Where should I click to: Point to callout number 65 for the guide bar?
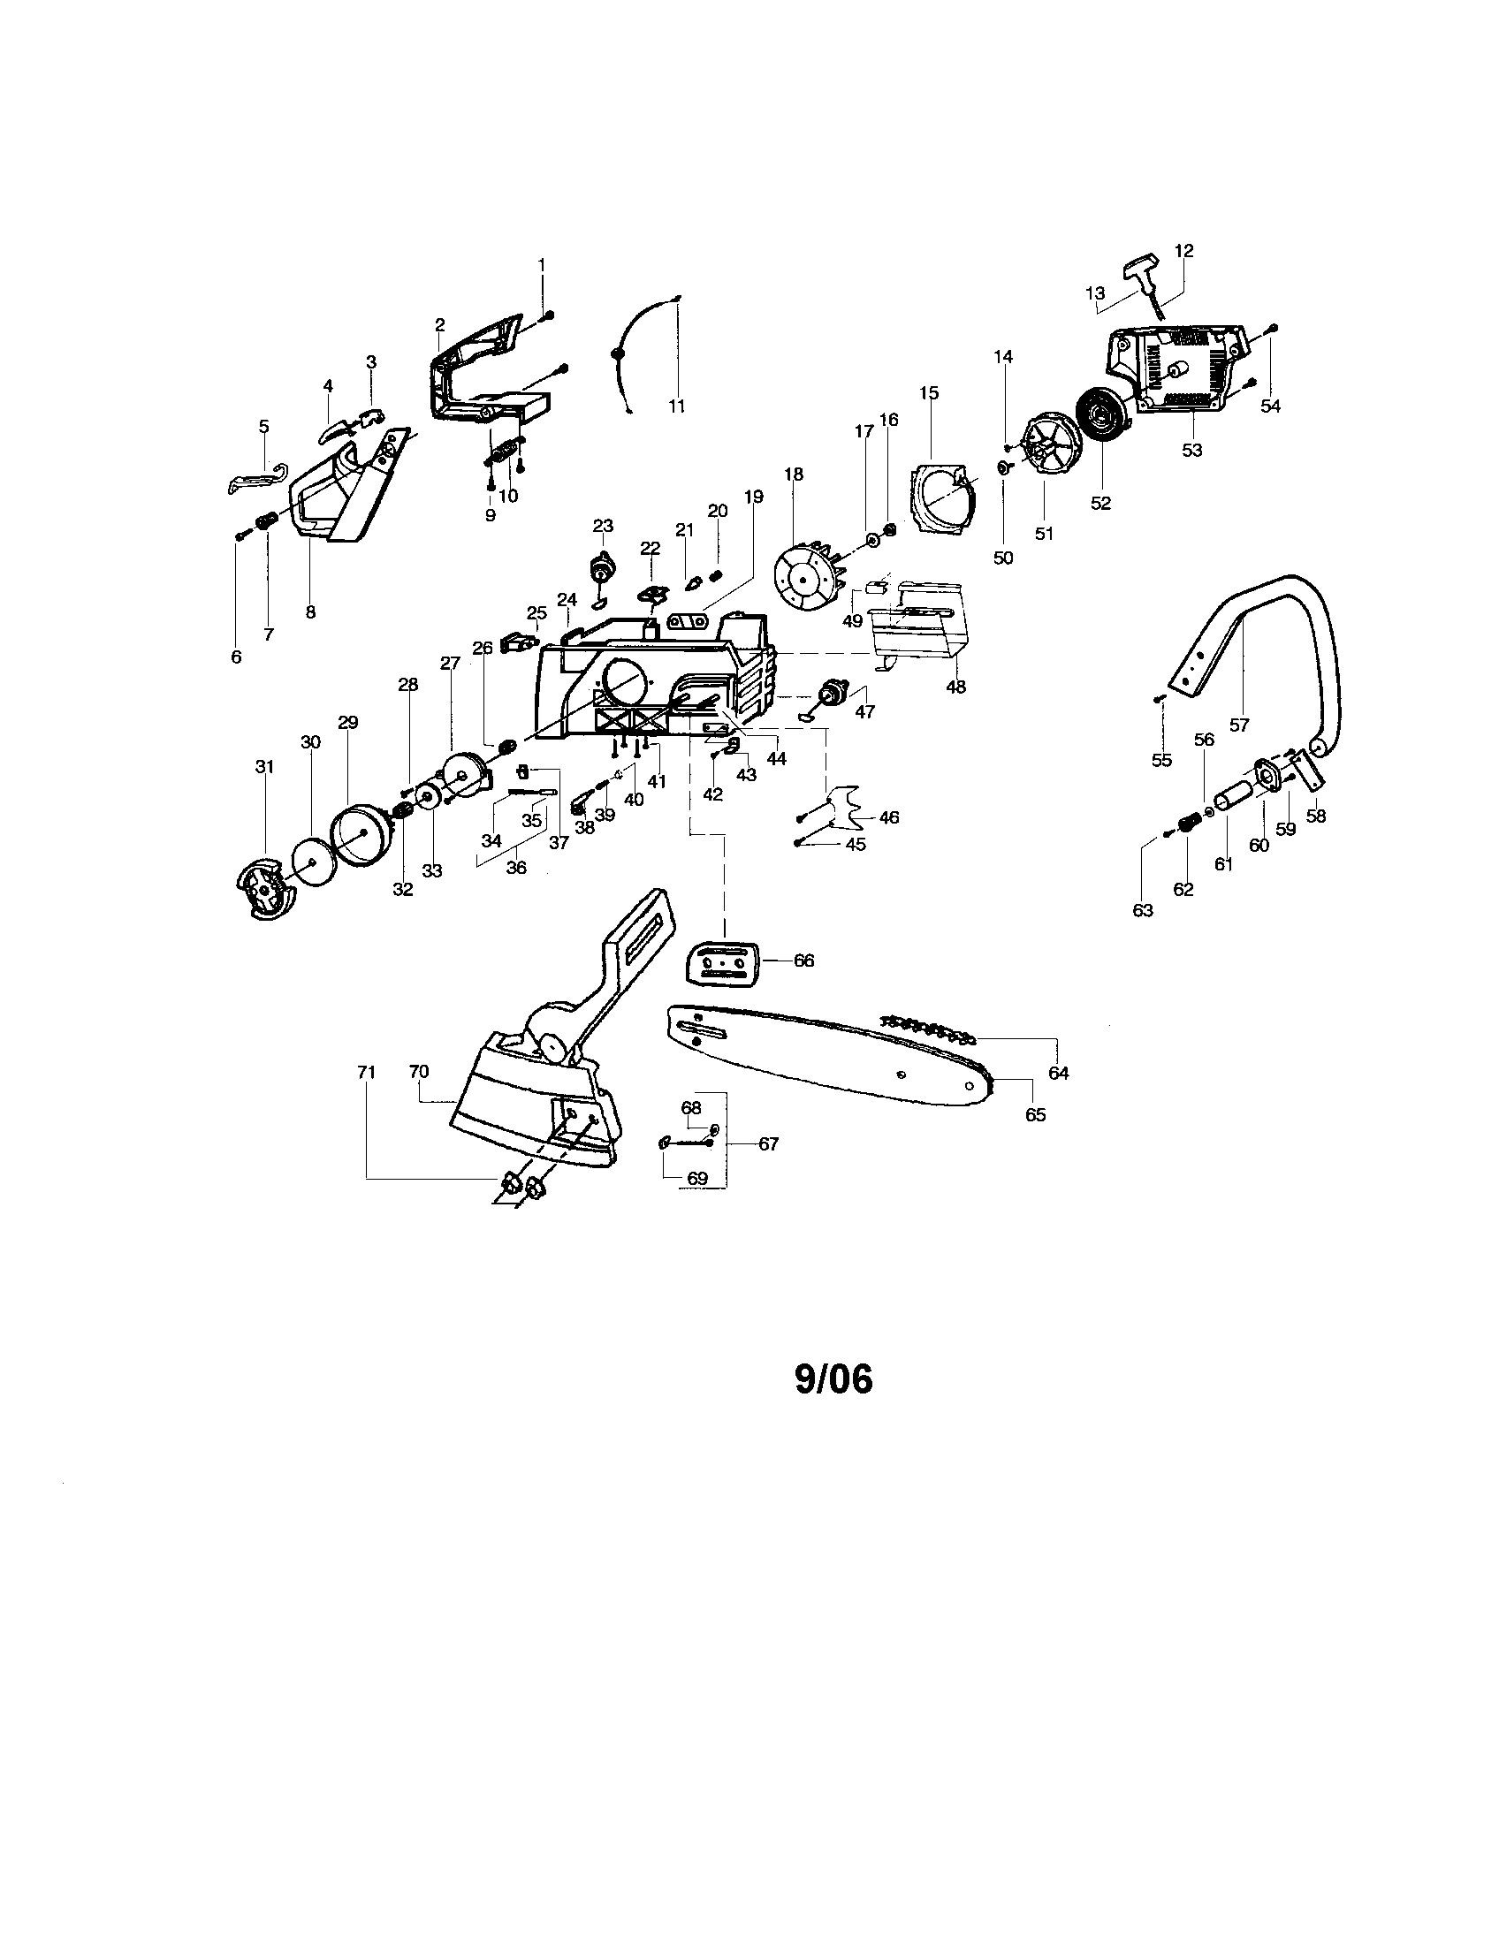1035,1113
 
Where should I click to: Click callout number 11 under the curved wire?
676,406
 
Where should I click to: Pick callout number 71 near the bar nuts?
366,1072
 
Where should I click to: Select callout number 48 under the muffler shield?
956,687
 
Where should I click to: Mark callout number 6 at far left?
236,657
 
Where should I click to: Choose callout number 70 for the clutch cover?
418,1072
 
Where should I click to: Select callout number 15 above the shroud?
928,392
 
